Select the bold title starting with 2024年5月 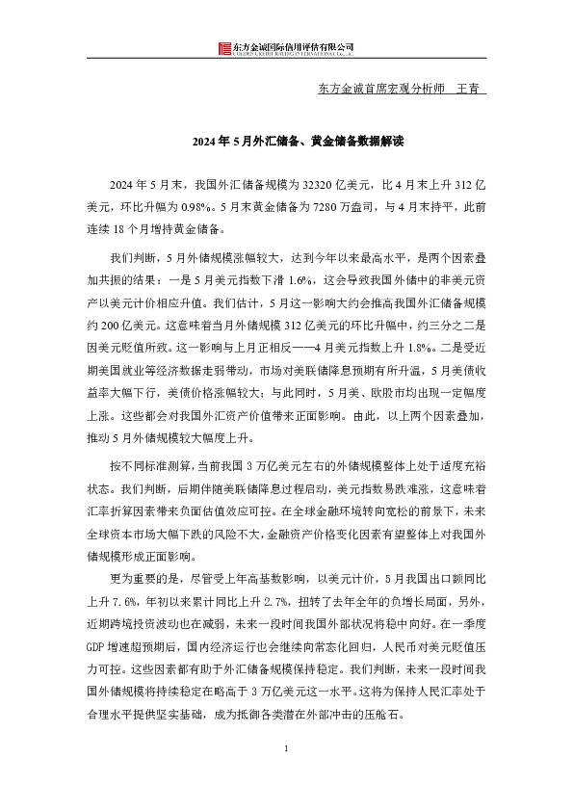[286, 141]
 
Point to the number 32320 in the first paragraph [320, 182]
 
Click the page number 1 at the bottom [286, 776]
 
